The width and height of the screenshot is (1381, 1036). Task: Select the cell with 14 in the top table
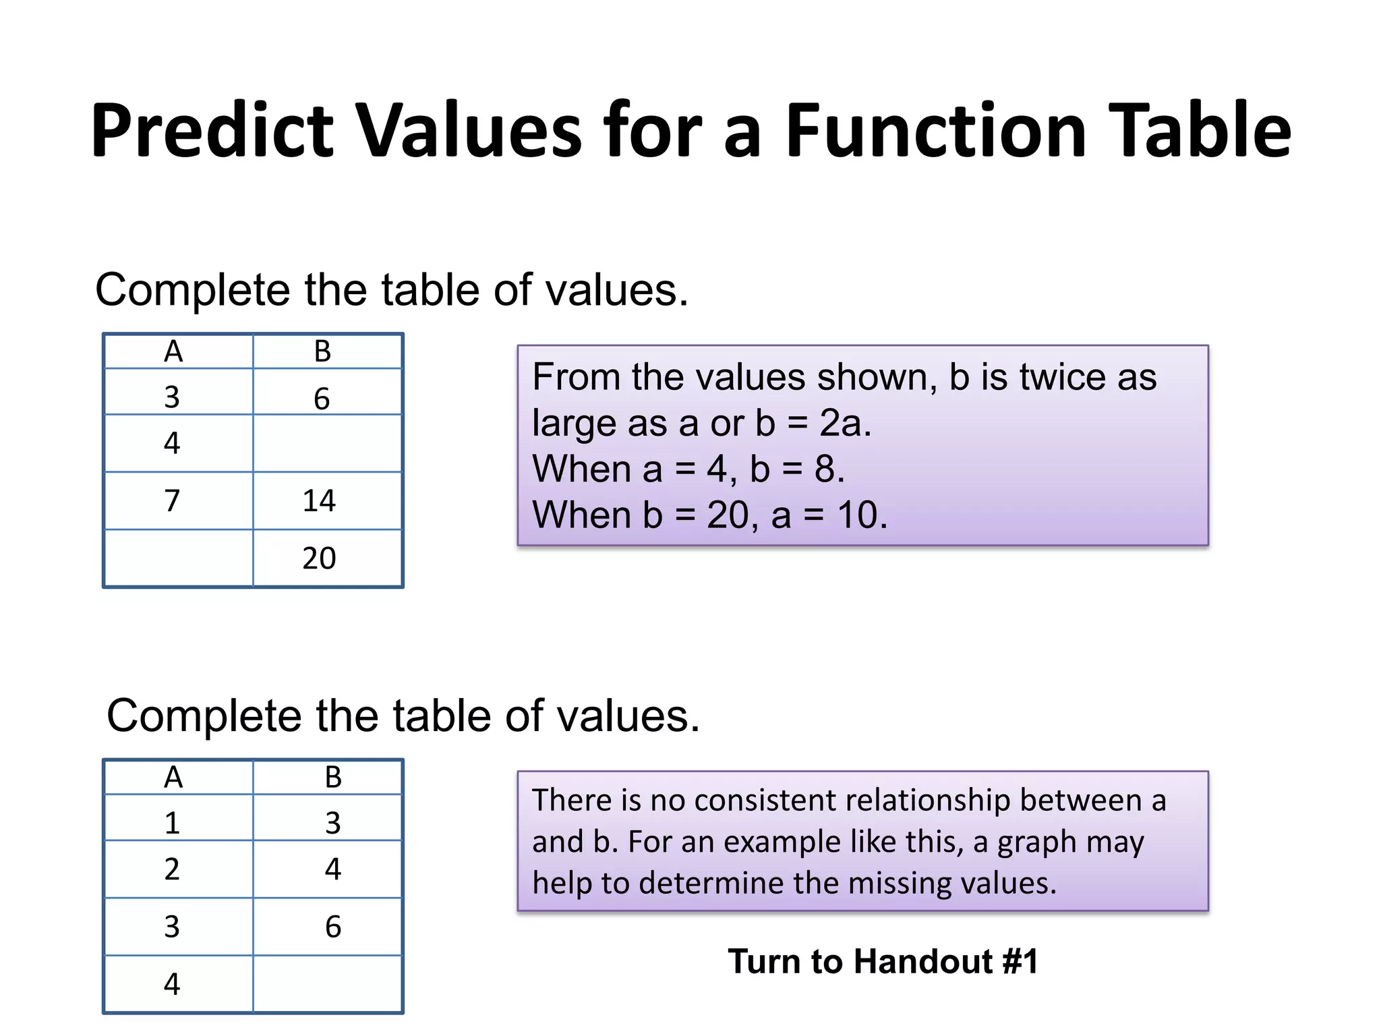(319, 501)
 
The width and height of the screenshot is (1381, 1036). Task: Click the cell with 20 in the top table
(319, 558)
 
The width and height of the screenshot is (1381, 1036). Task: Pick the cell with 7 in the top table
(173, 501)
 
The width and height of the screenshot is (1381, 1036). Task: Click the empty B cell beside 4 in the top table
(328, 443)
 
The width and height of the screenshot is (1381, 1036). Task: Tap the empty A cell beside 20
(179, 558)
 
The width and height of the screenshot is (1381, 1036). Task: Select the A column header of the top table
(174, 351)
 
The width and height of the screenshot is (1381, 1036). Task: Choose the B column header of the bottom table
(333, 778)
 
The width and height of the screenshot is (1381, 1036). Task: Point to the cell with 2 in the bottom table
(173, 869)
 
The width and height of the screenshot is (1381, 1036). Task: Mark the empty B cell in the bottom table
(328, 984)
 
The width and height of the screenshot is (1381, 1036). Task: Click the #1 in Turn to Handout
(1020, 961)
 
